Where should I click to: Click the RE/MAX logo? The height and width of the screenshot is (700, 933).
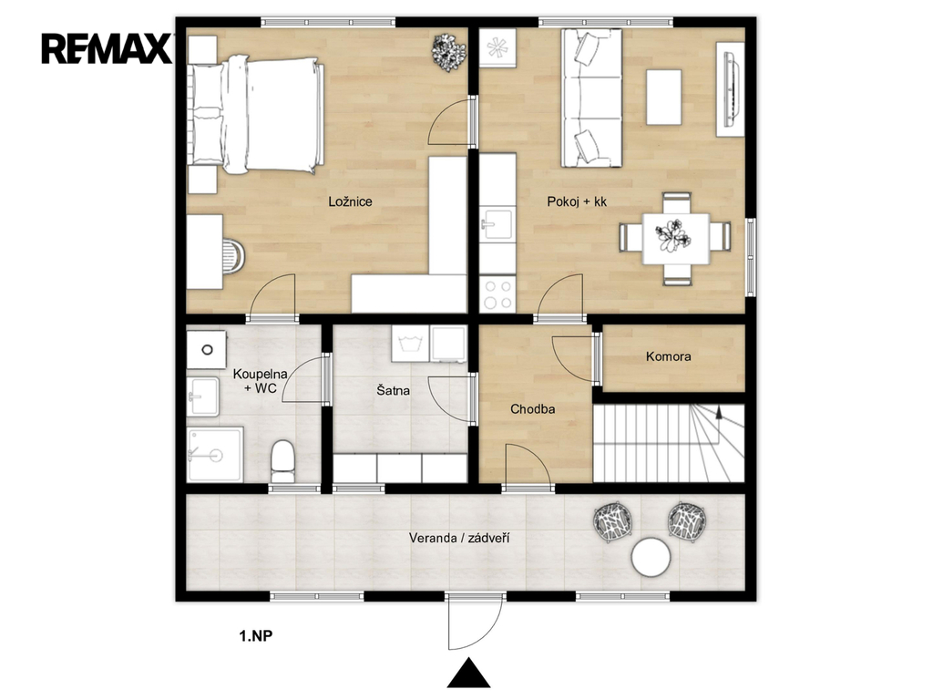(106, 49)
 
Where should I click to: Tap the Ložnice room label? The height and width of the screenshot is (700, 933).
(350, 201)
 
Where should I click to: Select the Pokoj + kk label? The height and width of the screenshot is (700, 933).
(577, 201)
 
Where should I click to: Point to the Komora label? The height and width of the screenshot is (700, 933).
(668, 356)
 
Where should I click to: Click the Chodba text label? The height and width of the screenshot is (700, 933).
(532, 409)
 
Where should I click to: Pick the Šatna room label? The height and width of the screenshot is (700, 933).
(393, 390)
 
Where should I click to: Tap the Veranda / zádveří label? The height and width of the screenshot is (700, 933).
(459, 538)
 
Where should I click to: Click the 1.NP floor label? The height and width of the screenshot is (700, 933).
(256, 635)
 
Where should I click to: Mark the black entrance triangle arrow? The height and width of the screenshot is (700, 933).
(469, 674)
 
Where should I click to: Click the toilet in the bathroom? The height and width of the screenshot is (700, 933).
(282, 461)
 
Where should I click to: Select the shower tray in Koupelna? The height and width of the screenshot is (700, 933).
(215, 454)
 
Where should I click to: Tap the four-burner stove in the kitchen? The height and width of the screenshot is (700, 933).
(498, 293)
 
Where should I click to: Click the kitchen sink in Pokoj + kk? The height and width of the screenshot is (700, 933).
(497, 224)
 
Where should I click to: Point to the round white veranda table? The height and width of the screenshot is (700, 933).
(651, 557)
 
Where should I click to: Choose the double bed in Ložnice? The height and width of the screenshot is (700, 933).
(256, 115)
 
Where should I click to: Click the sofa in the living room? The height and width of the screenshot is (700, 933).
(590, 98)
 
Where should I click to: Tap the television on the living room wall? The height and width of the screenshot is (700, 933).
(731, 89)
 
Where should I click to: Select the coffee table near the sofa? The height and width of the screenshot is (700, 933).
(664, 97)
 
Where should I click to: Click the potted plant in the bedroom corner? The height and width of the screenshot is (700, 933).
(448, 52)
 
